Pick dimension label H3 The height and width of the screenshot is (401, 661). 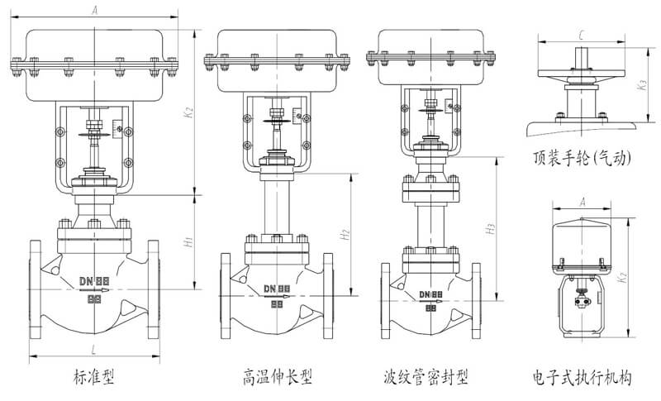click(x=491, y=229)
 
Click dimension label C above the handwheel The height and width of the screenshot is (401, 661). click(x=583, y=35)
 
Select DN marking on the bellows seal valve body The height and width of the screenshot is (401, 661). click(x=430, y=294)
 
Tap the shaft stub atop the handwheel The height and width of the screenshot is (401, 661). click(x=582, y=60)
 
